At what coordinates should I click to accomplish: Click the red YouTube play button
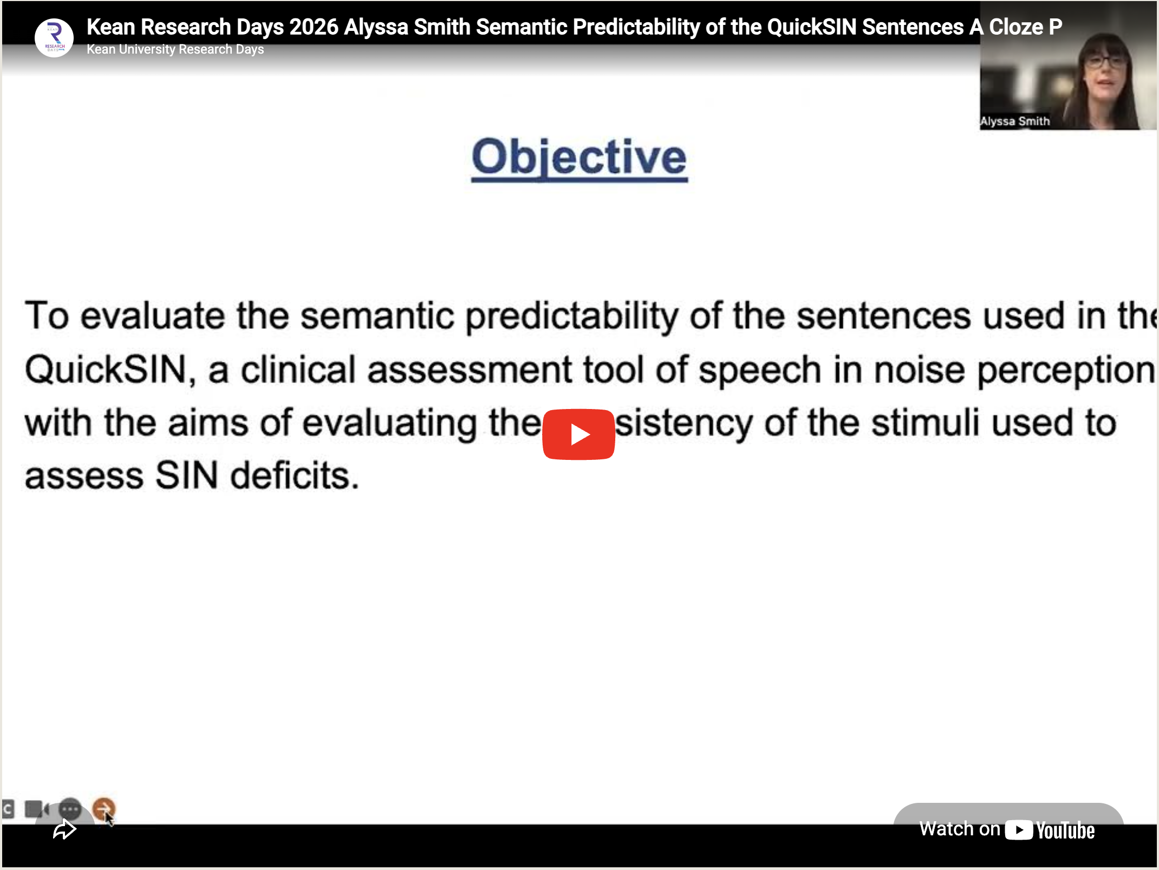(x=578, y=434)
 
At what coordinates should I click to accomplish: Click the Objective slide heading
(x=579, y=157)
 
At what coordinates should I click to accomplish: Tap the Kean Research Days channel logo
(x=54, y=38)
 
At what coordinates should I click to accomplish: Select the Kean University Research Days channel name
(x=175, y=49)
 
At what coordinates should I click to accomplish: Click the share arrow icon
(x=64, y=829)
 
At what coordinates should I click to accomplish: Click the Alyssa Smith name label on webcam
(x=1015, y=121)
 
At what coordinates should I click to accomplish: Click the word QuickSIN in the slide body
(x=106, y=370)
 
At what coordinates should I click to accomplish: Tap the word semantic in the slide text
(x=377, y=316)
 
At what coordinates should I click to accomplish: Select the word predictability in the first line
(x=572, y=317)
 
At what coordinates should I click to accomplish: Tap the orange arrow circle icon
(x=103, y=809)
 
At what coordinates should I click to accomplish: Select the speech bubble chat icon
(x=70, y=809)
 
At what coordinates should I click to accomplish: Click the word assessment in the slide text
(x=469, y=370)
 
